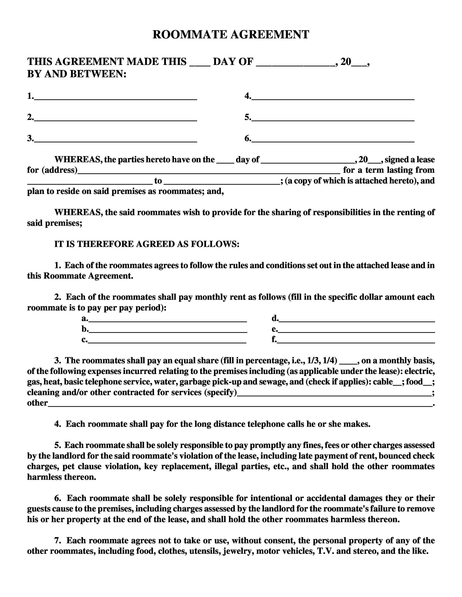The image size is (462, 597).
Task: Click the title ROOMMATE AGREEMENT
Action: (x=231, y=35)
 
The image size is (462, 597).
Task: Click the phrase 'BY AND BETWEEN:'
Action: (x=77, y=74)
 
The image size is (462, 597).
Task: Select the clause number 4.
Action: (x=57, y=424)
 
